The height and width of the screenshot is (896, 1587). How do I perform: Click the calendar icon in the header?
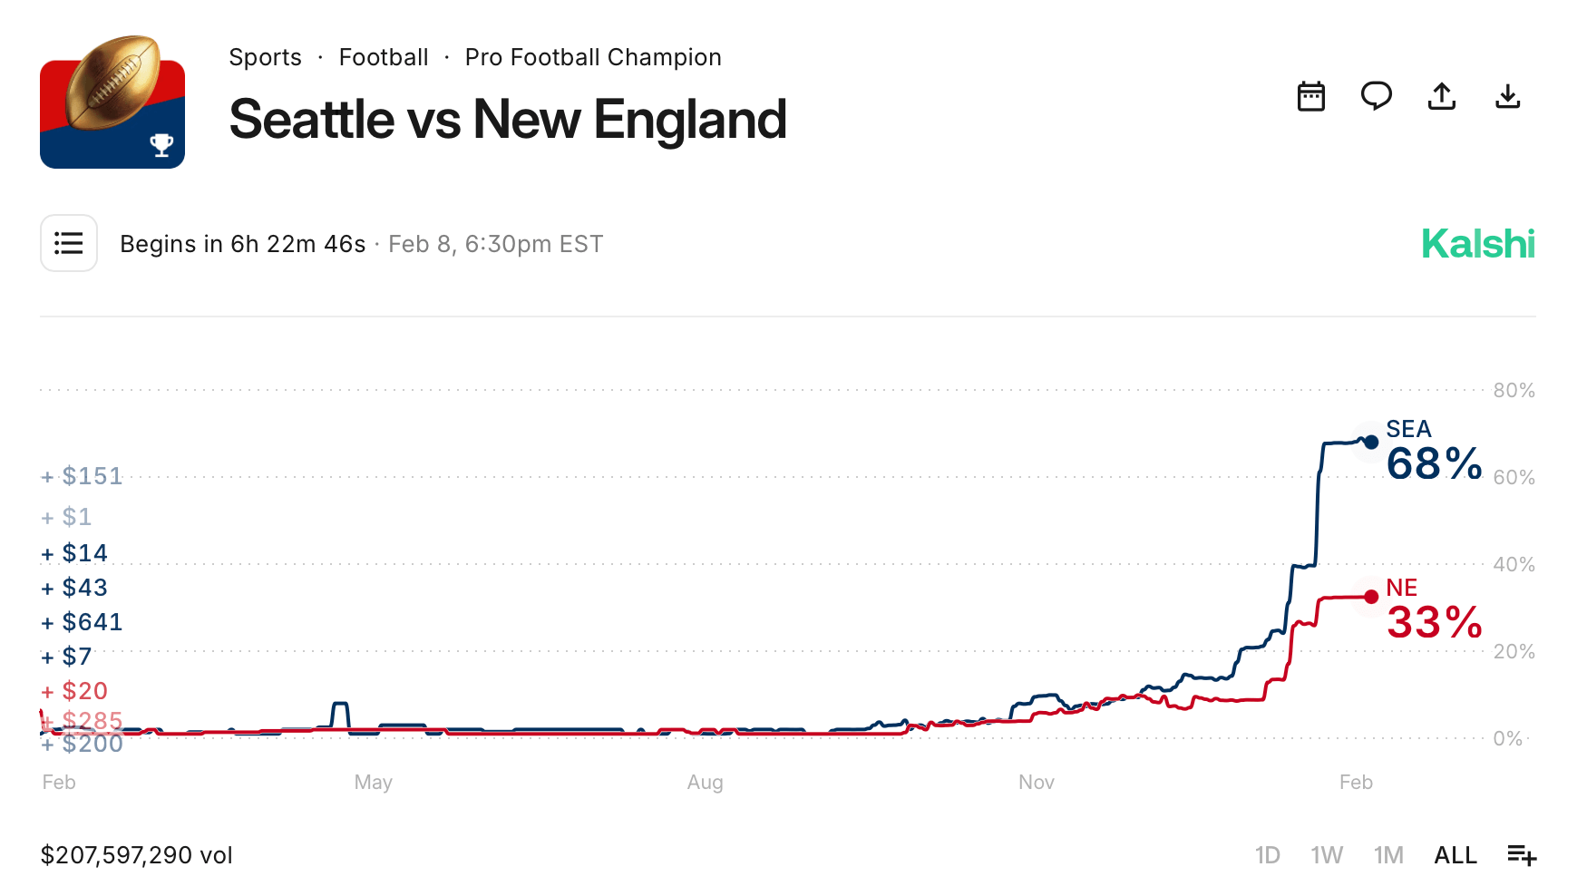tap(1310, 96)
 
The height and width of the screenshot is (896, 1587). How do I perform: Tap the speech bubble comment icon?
tap(1376, 96)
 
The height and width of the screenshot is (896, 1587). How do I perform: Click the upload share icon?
tap(1441, 96)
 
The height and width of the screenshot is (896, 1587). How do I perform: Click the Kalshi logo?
tap(1477, 244)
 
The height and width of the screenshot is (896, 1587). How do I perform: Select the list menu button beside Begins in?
tap(69, 243)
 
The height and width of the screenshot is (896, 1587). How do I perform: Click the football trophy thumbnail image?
tap(112, 102)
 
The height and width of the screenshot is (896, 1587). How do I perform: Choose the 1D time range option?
tap(1267, 855)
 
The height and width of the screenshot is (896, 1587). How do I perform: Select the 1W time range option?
tap(1326, 855)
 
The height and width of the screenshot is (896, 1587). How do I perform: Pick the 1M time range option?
tap(1387, 855)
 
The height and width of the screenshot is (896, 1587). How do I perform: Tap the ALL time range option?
tap(1455, 855)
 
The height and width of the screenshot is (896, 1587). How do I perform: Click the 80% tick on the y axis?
tap(1514, 391)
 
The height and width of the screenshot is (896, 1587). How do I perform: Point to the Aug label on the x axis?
tap(705, 783)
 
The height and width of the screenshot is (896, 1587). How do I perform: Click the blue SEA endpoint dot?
tap(1371, 443)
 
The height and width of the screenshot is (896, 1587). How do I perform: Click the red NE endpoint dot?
tap(1371, 597)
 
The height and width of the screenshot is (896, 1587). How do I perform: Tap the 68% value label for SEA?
tap(1434, 464)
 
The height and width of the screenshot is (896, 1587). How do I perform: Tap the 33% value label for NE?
tap(1434, 623)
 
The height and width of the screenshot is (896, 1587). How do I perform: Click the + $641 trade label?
tap(83, 622)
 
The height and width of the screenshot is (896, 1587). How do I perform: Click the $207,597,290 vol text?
tap(137, 855)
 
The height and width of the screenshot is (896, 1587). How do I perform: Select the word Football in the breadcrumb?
tap(383, 57)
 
